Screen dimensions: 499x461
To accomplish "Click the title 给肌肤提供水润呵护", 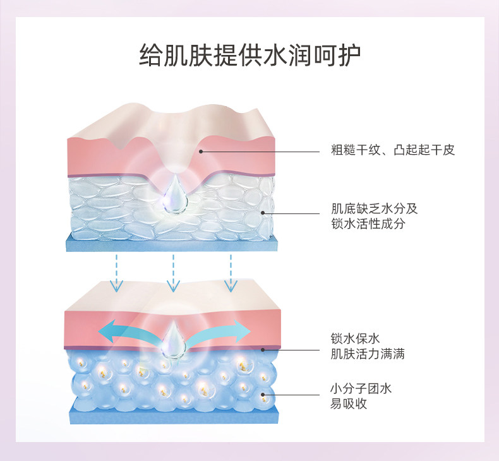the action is pos(249,56).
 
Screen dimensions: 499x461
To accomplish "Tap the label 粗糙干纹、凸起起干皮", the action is pos(392,150).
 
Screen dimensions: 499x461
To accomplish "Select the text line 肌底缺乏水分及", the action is pos(375,208).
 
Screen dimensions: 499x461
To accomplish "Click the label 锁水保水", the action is pos(355,339).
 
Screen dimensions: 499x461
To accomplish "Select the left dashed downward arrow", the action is pos(116,272).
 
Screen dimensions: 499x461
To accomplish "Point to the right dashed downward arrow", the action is pos(231,272).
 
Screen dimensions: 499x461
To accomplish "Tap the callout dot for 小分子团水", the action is pos(265,395).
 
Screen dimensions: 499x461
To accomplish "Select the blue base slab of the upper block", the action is pos(171,244).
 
